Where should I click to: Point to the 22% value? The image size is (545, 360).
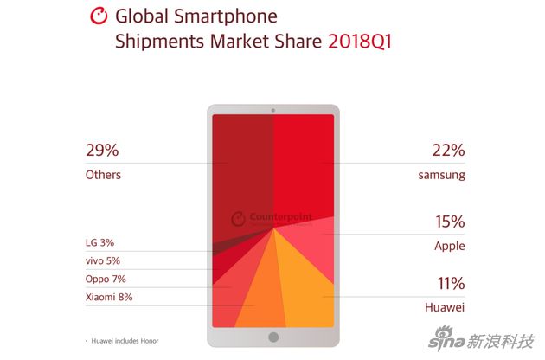coord(449,151)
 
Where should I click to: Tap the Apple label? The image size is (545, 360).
coord(449,246)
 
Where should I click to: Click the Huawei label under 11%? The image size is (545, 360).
coord(445,305)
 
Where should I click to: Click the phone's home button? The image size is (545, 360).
coord(272,337)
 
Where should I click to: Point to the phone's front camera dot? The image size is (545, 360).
coord(272,110)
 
